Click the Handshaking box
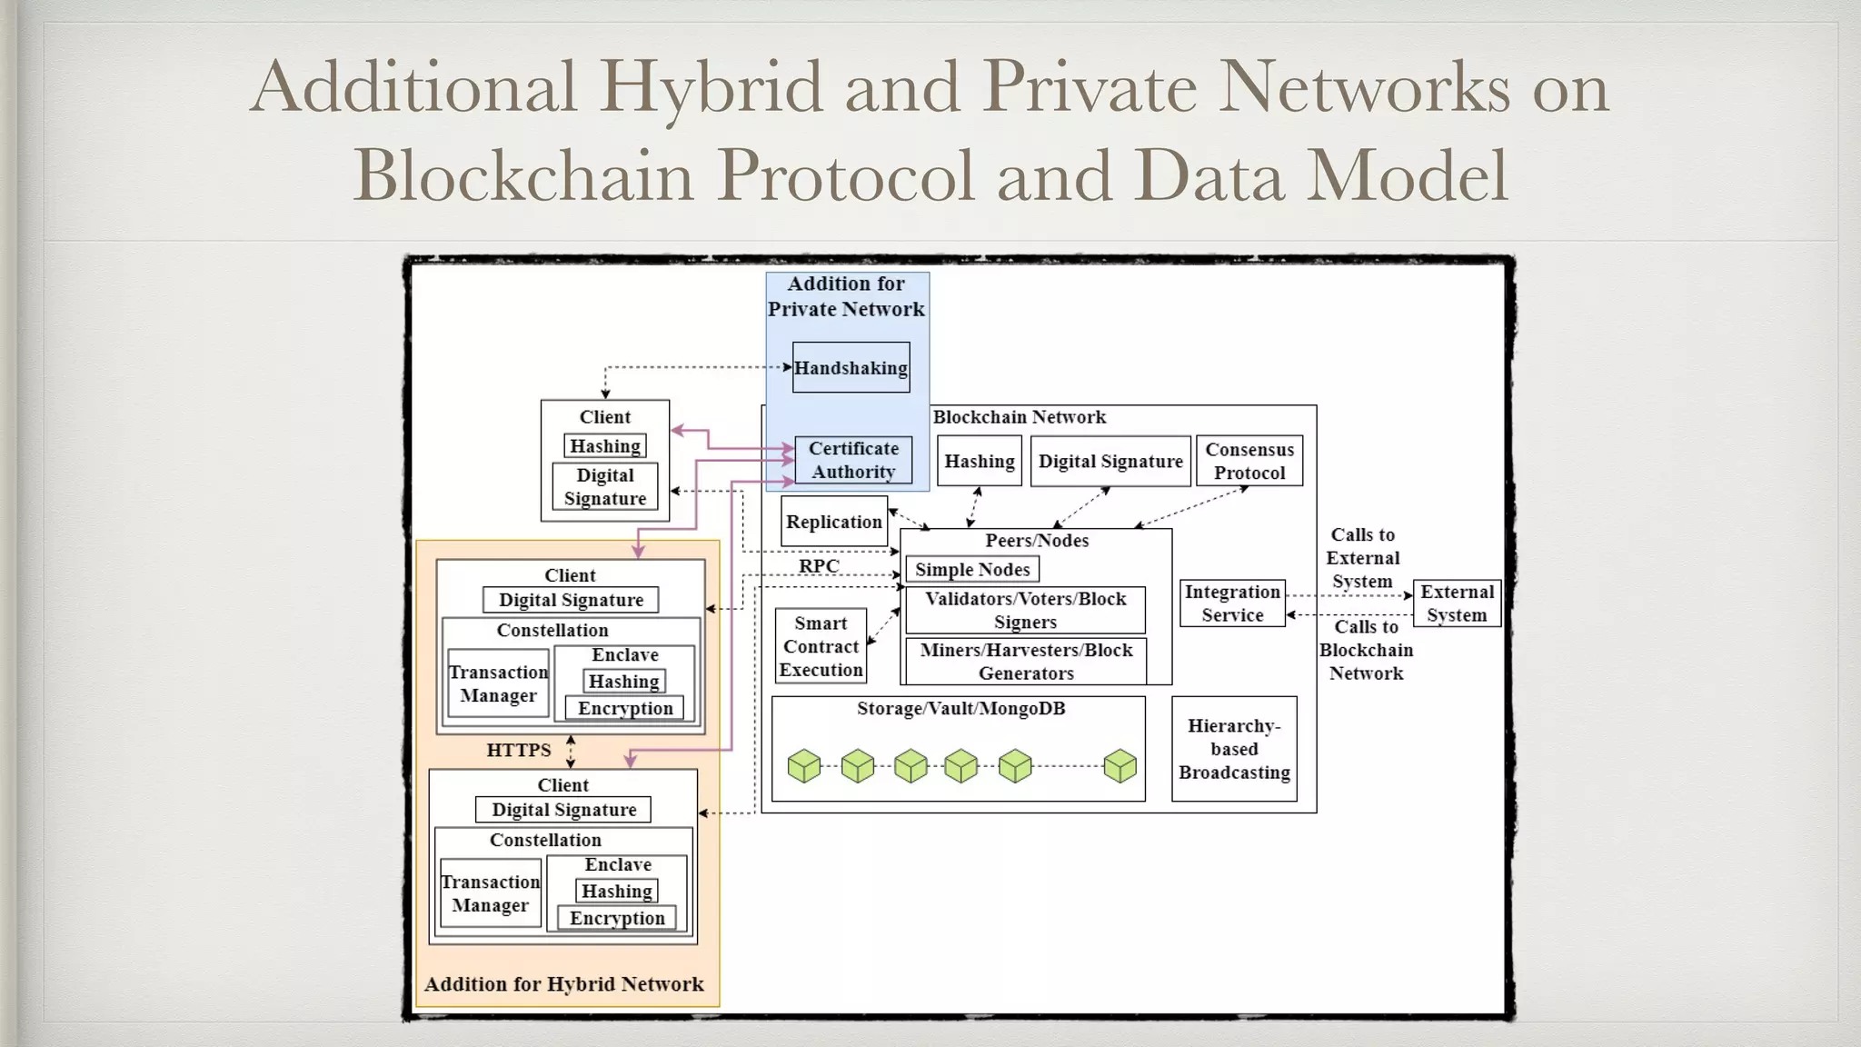click(x=851, y=367)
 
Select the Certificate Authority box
click(x=853, y=460)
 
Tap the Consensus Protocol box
click(x=1249, y=461)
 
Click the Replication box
click(x=833, y=522)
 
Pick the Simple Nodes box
click(x=971, y=570)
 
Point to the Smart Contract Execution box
click(x=821, y=646)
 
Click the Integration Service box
click(x=1232, y=603)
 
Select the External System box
click(x=1457, y=603)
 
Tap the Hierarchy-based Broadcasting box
click(x=1234, y=749)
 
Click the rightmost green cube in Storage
click(x=1120, y=765)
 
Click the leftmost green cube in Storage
click(x=803, y=765)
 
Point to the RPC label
click(x=819, y=566)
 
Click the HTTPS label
click(x=518, y=750)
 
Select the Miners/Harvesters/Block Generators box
click(x=1026, y=662)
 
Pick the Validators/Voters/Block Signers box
click(x=1025, y=611)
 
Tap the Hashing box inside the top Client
click(x=605, y=446)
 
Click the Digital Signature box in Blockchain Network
click(x=1110, y=461)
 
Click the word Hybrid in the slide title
click(x=711, y=87)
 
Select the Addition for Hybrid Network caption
click(x=563, y=984)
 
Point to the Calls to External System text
click(x=1362, y=558)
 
